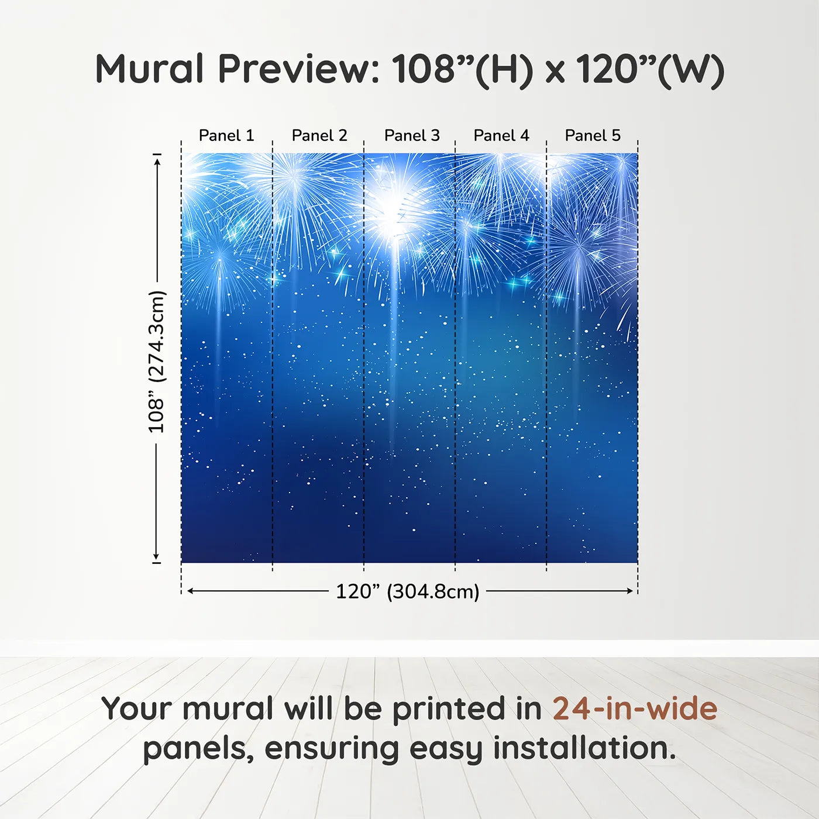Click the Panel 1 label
point(226,136)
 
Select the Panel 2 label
point(319,136)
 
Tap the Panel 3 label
point(412,136)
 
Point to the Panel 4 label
point(501,136)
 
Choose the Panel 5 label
point(593,136)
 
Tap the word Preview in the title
point(299,69)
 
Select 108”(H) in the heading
point(462,69)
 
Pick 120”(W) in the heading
point(650,69)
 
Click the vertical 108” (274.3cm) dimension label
point(157,362)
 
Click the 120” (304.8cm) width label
point(408,591)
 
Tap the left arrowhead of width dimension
point(190,591)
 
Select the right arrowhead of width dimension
point(630,591)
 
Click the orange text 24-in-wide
point(635,709)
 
